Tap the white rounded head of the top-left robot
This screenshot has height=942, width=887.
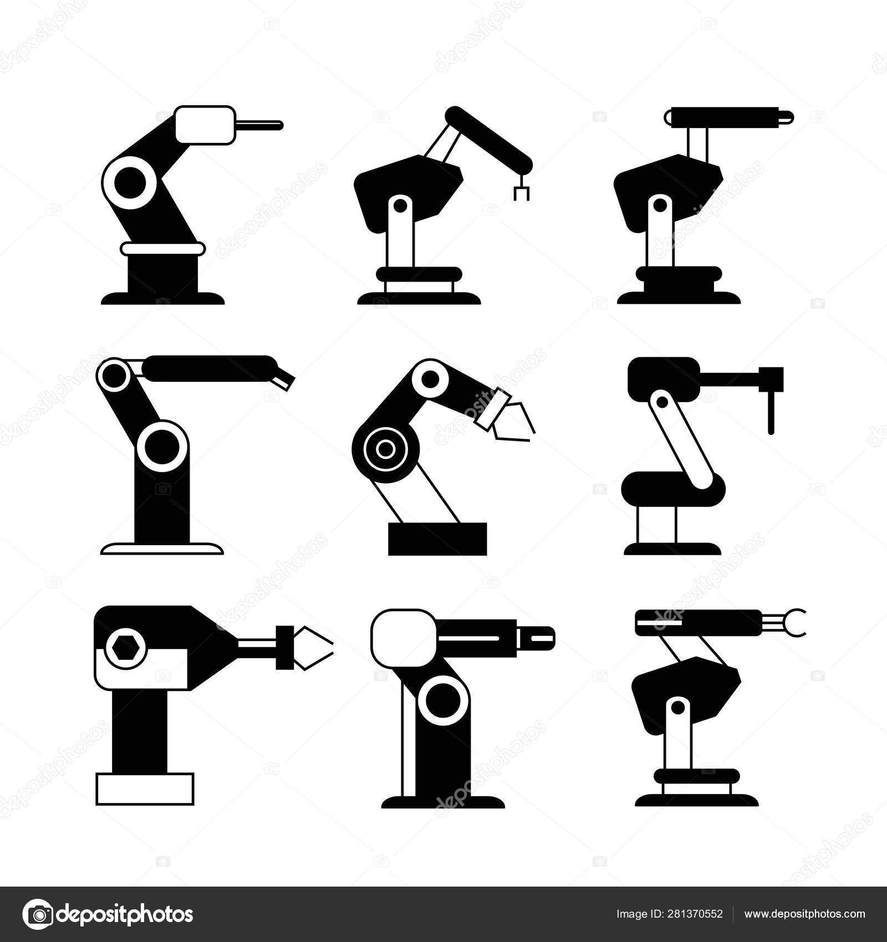tap(204, 125)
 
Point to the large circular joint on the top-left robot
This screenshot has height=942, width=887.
tap(132, 181)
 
